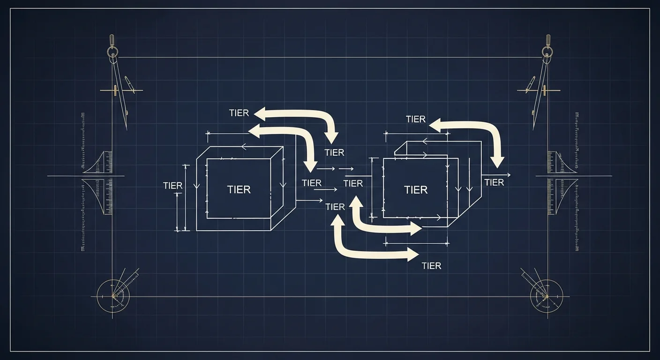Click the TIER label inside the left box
tap(239, 189)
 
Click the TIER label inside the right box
tap(416, 190)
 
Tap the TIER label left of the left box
tap(172, 186)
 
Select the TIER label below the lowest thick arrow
tap(431, 266)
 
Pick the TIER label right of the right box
tap(494, 183)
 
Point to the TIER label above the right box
tap(416, 119)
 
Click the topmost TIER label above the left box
tap(239, 113)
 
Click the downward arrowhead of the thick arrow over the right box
tap(497, 163)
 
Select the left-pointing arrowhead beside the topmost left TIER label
tap(259, 114)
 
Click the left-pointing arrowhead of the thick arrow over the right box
tap(435, 126)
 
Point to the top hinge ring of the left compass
tap(112, 53)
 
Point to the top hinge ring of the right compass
tap(548, 53)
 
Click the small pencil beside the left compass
tap(129, 84)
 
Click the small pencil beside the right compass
tap(530, 84)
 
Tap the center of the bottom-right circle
tap(547, 296)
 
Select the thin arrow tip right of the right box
tap(510, 175)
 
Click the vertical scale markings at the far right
tap(577, 181)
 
